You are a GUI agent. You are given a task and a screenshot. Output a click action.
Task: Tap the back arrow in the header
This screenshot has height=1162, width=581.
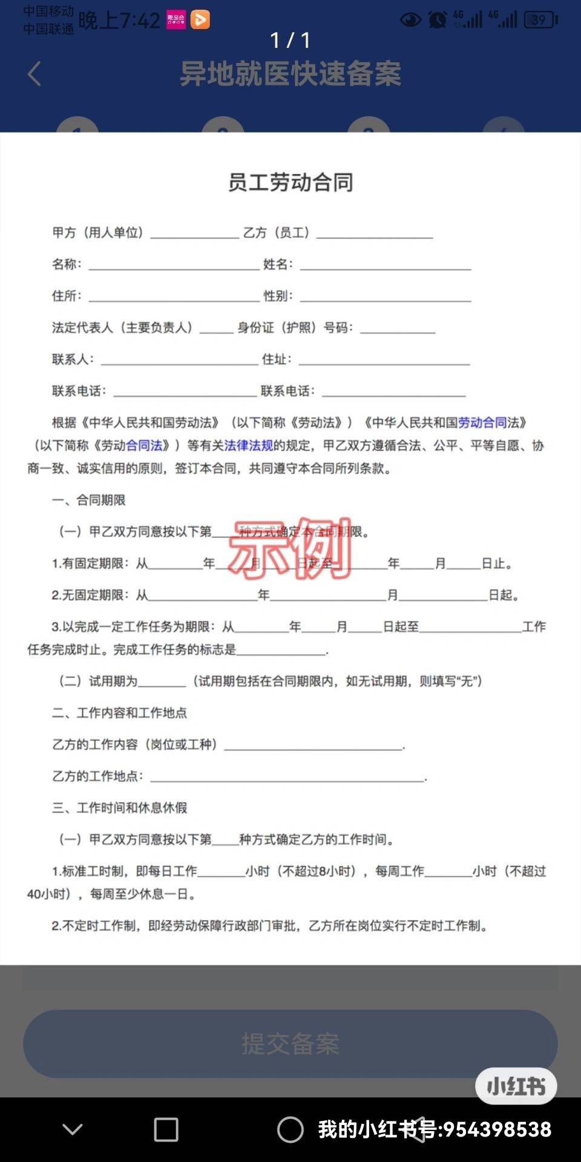coord(34,74)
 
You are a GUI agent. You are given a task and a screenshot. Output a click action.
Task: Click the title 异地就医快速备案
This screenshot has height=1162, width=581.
coord(290,74)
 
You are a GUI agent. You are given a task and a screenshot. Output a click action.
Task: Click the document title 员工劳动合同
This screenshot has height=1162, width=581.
coord(290,182)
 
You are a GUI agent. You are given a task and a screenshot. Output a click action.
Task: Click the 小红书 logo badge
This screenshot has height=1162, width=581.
coord(516,1086)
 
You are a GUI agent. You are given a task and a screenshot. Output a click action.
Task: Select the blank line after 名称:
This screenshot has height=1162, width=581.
coord(174,265)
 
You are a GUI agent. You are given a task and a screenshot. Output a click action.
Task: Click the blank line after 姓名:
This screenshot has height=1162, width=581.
coord(386,265)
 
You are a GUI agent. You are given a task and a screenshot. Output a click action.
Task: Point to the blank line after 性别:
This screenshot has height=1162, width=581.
coord(386,297)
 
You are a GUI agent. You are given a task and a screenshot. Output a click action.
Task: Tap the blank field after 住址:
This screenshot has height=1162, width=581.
coord(384,360)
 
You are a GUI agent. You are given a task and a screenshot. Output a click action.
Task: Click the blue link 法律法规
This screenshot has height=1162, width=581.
coord(249,445)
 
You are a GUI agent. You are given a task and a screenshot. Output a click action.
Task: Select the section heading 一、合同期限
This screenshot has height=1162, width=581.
coord(88,500)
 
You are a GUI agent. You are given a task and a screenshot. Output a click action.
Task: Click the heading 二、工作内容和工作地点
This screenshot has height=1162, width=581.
coord(119,712)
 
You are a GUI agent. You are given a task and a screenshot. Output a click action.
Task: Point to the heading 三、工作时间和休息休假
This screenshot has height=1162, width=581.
coord(119,807)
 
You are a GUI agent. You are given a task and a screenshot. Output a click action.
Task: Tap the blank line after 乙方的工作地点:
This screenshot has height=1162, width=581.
coord(287,777)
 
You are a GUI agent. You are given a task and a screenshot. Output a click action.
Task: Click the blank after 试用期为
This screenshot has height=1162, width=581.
coord(162,682)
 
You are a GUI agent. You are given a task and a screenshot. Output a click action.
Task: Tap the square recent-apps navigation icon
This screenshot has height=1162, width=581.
coord(166,1129)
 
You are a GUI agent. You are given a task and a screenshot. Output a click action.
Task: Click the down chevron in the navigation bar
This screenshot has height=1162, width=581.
coord(73,1129)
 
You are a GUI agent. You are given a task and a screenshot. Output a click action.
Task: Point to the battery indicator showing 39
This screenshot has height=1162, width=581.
coord(540,20)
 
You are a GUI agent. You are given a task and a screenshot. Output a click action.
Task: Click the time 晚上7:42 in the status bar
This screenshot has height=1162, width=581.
coord(119,21)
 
